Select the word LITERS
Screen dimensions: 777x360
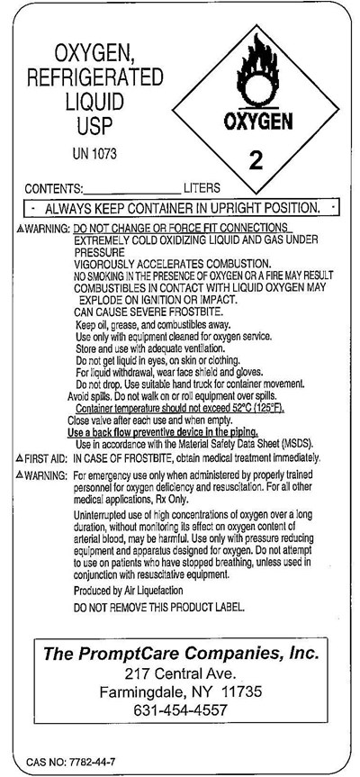(x=202, y=190)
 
